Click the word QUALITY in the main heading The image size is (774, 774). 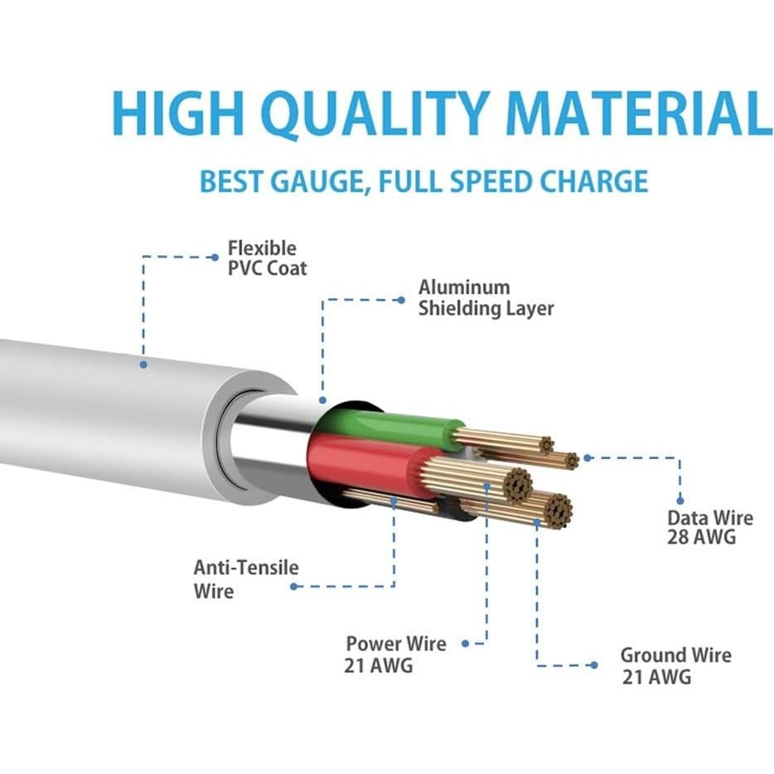pos(378,113)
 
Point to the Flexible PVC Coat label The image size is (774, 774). pos(267,259)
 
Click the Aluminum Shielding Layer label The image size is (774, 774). pos(486,298)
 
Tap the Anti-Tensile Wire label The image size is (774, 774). pos(246,578)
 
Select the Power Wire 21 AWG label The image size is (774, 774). pos(395,654)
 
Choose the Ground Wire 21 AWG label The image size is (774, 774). pos(675,665)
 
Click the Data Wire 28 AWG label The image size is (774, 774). pos(710,527)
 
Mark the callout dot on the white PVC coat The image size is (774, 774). pos(143,365)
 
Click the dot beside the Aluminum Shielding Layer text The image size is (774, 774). pos(401,300)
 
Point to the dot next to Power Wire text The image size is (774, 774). pos(465,644)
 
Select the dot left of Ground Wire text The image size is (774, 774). pos(594,665)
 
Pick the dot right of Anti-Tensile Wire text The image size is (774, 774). pos(294,587)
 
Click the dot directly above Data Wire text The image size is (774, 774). pos(680,501)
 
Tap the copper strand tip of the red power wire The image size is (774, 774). pos(517,484)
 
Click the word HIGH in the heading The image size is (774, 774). pos(177,113)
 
